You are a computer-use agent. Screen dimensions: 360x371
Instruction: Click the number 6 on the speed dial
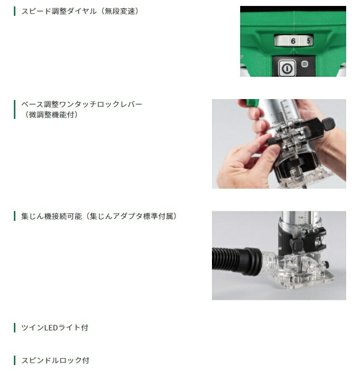[293, 41]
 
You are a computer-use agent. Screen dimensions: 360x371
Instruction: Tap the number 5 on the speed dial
[308, 41]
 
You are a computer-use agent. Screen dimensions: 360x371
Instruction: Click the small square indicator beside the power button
[305, 64]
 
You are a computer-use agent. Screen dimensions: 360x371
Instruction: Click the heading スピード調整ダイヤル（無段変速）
[80, 11]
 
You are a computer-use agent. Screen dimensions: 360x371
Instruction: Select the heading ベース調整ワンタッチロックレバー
[82, 104]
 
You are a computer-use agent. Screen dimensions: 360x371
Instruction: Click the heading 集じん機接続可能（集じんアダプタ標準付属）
[99, 216]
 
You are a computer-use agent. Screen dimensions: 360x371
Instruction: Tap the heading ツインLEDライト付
[54, 328]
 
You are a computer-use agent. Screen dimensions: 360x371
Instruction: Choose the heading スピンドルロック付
[55, 361]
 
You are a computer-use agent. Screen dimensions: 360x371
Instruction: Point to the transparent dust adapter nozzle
[270, 262]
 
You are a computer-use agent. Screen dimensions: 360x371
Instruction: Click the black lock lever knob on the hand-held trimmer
[328, 124]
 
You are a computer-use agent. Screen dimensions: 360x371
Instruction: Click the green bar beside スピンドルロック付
[15, 361]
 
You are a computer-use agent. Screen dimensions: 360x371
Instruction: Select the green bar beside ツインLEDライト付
[15, 328]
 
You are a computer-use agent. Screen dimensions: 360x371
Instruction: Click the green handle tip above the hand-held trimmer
[252, 103]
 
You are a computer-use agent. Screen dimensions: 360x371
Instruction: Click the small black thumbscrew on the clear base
[326, 264]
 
